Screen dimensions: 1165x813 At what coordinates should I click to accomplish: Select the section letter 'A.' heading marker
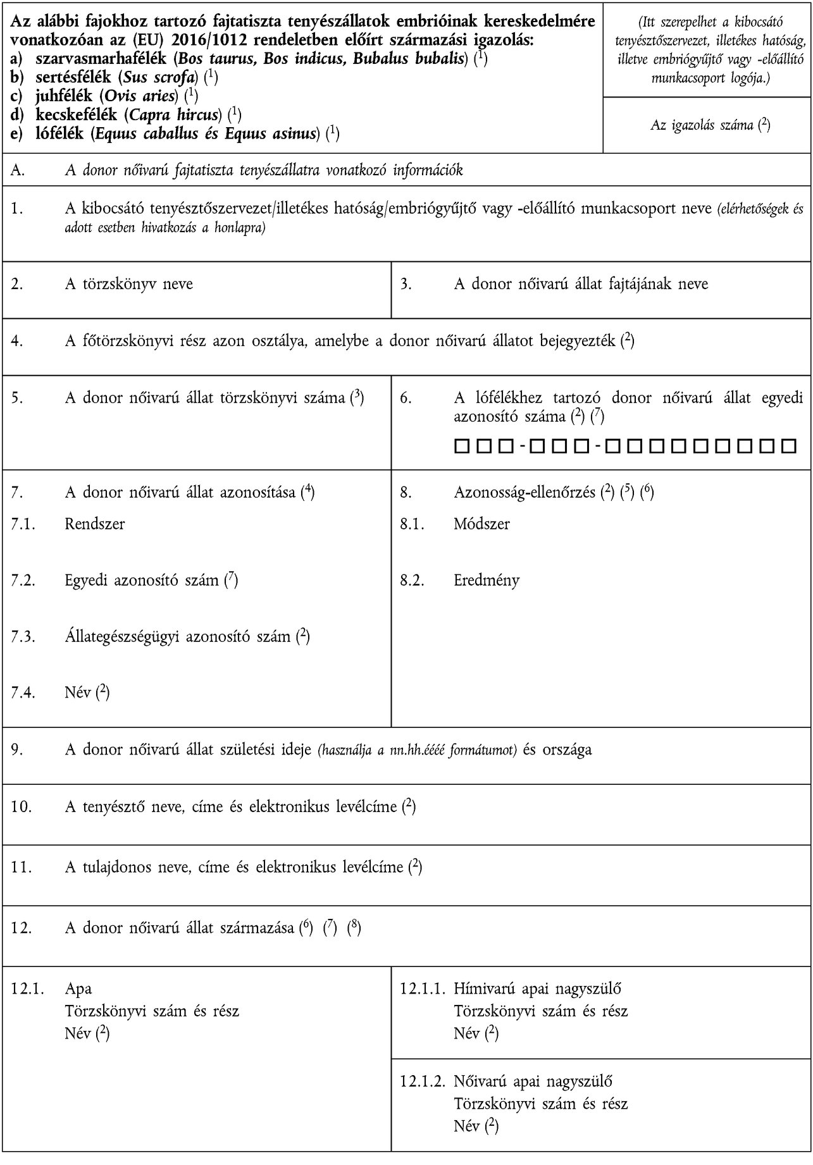click(x=18, y=170)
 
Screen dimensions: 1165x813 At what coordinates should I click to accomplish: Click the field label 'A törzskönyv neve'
click(x=129, y=284)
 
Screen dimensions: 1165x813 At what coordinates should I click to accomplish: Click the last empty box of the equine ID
click(x=788, y=447)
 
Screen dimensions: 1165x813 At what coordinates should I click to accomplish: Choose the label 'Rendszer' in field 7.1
click(x=95, y=524)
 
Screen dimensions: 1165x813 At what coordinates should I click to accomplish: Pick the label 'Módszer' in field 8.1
click(x=482, y=524)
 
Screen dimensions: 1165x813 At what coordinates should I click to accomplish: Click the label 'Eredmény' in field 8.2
click(x=487, y=580)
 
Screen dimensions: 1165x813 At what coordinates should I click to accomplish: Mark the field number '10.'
click(x=19, y=806)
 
